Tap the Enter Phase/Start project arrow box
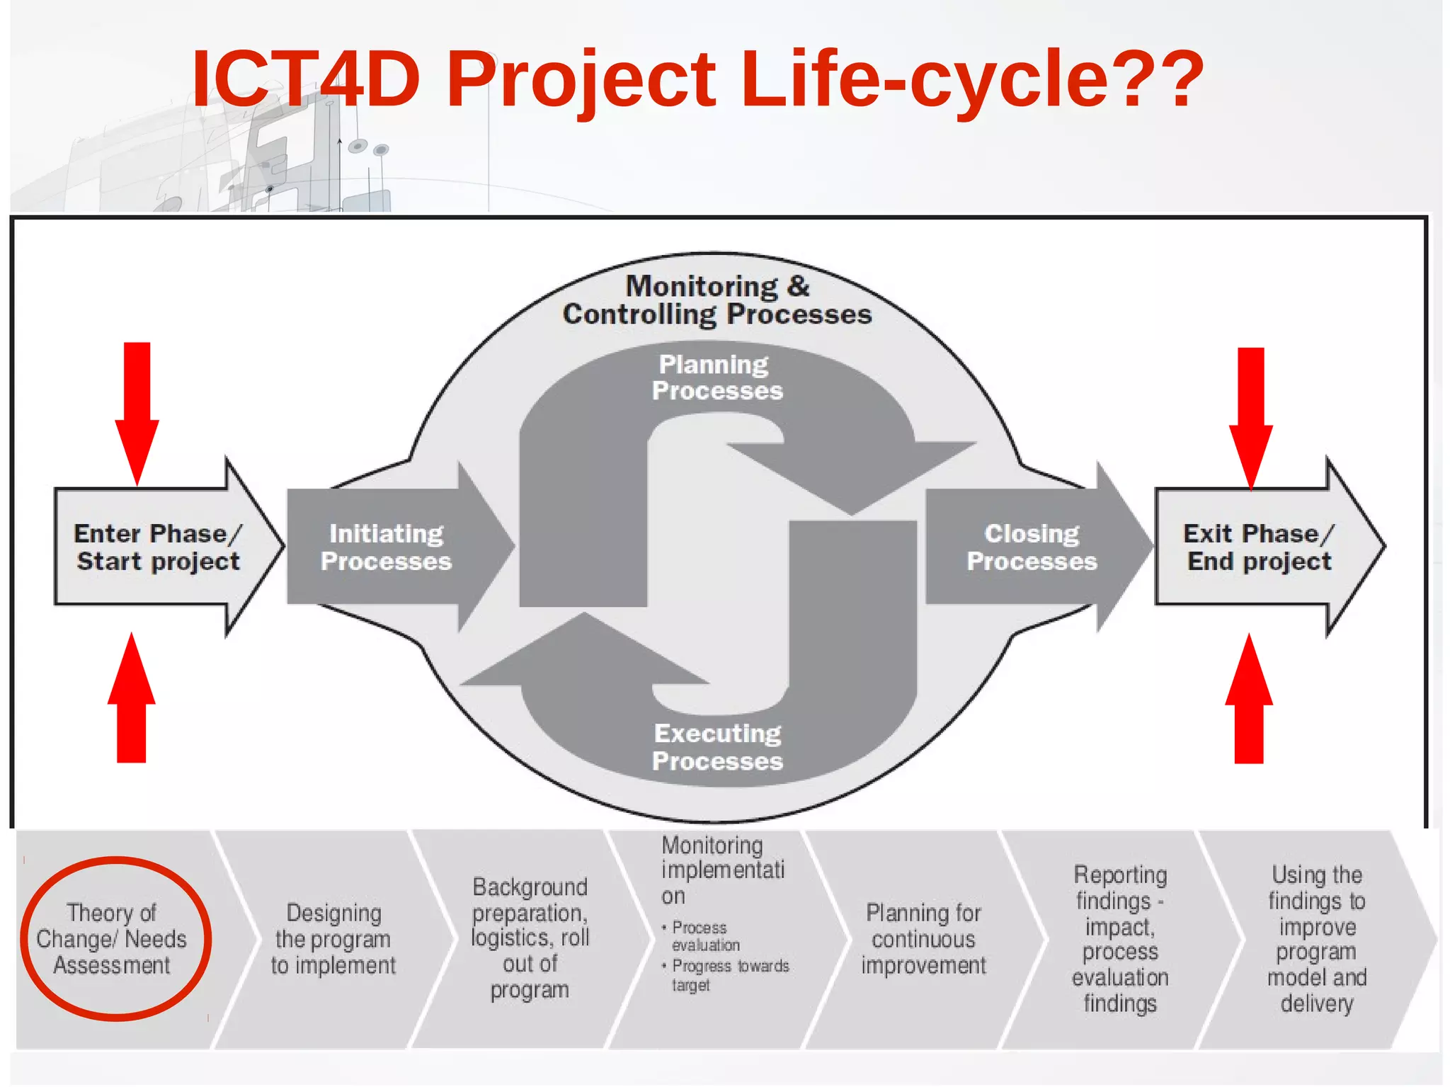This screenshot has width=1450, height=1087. click(x=157, y=547)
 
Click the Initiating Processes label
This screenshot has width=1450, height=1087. click(x=386, y=547)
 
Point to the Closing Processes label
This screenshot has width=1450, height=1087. click(x=1032, y=547)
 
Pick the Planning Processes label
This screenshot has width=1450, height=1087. click(x=717, y=377)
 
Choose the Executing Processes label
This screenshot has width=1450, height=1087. click(x=717, y=747)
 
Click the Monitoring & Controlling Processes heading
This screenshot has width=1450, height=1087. click(x=717, y=300)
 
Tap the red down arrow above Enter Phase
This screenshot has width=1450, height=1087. click(x=137, y=411)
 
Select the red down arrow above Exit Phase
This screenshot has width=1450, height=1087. click(x=1250, y=414)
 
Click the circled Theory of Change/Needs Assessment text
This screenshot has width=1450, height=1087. click(x=112, y=939)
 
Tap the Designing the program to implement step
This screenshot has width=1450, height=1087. click(x=333, y=939)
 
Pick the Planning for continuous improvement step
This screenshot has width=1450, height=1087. click(x=923, y=939)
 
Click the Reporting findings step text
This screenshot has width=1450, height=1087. click(x=1120, y=939)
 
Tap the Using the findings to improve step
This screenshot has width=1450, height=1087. click(x=1316, y=939)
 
